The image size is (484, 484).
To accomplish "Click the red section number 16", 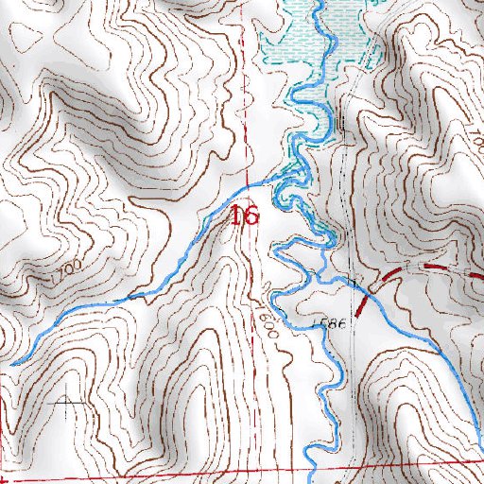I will click(x=244, y=216).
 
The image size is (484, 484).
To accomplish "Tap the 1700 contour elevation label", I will click(x=64, y=274).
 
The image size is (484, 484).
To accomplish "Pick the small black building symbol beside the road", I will click(x=338, y=123).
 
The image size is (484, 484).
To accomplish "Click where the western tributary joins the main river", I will click(x=284, y=174).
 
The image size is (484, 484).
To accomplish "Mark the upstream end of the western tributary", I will click(x=13, y=362).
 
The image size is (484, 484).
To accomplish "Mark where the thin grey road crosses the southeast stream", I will click(x=350, y=281).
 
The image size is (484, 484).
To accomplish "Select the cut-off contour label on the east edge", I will click(x=478, y=142).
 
